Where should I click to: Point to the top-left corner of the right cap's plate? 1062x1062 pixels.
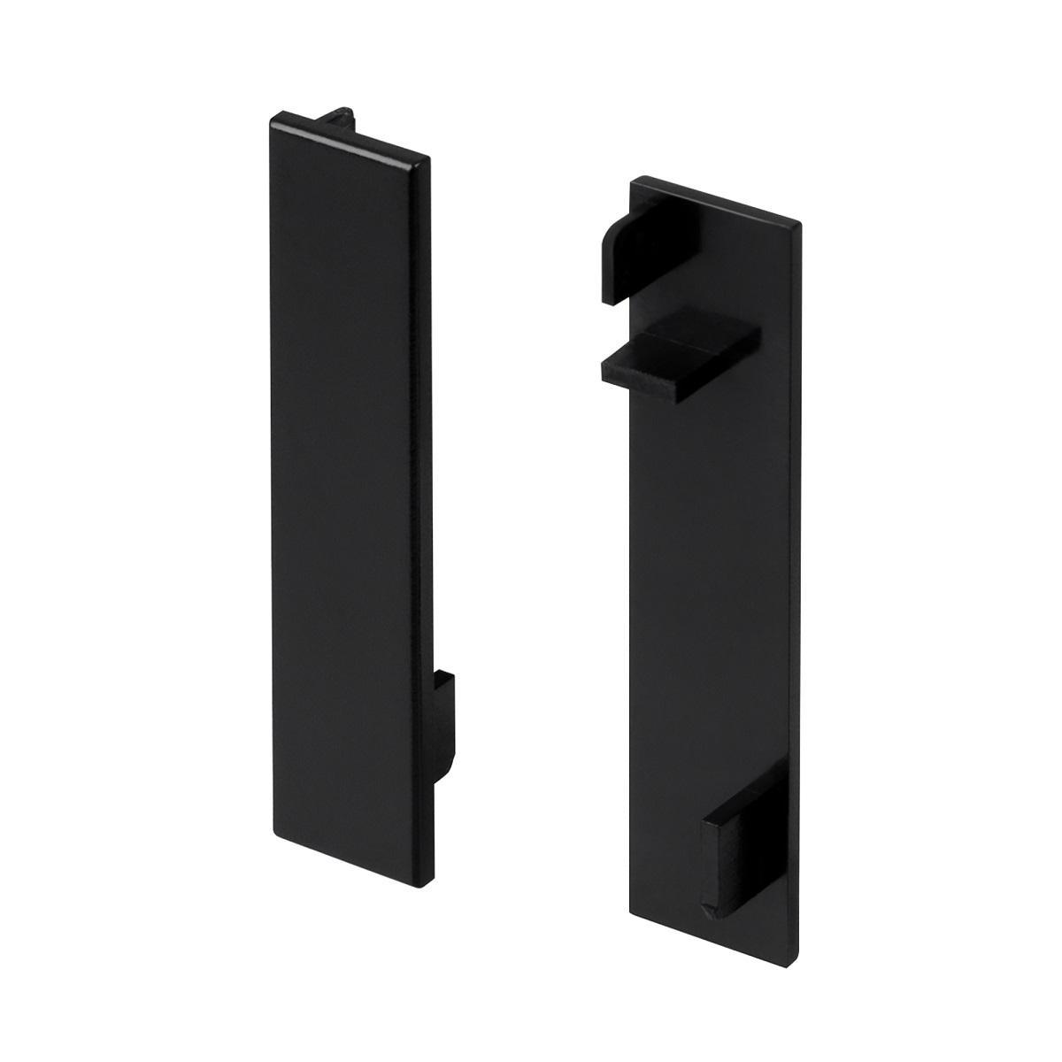[x=632, y=180]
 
